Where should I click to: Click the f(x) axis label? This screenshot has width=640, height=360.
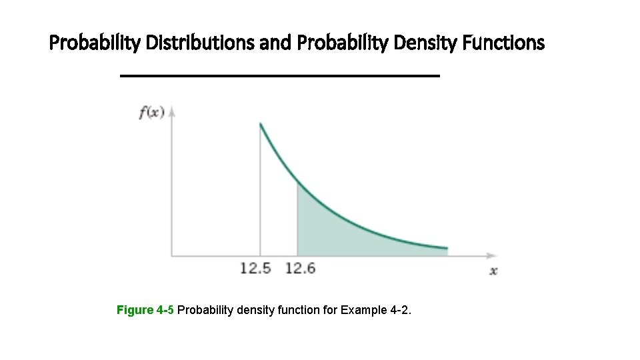click(151, 113)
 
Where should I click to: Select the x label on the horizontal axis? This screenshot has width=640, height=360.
click(493, 270)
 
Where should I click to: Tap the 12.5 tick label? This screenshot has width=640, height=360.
click(256, 268)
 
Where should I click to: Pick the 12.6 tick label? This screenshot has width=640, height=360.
click(300, 268)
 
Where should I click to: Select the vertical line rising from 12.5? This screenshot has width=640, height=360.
click(260, 200)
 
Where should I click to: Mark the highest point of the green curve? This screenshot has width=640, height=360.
click(260, 123)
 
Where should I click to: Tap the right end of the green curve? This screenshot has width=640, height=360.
click(447, 248)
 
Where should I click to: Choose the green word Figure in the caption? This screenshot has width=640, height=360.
click(135, 310)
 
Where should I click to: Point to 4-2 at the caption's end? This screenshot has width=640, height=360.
click(401, 310)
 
